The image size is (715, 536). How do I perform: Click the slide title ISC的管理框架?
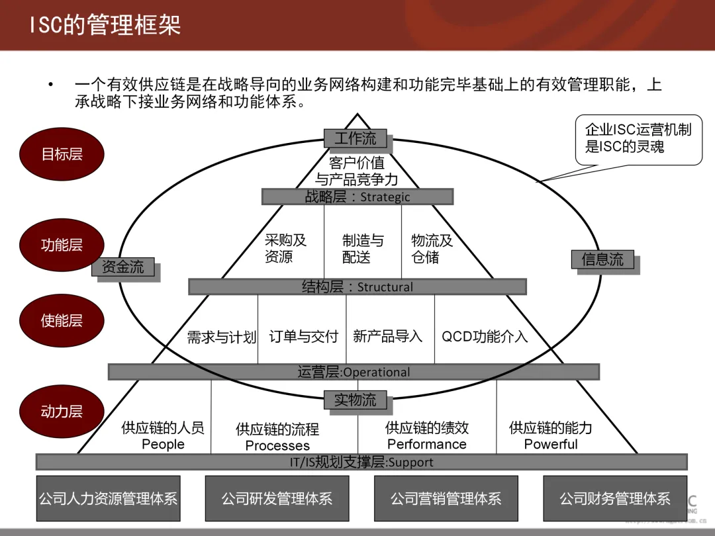point(105,25)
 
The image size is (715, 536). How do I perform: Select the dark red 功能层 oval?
point(62,245)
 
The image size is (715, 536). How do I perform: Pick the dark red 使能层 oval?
point(62,321)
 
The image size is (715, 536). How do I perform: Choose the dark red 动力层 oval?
point(62,412)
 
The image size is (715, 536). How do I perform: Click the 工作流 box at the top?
point(355,138)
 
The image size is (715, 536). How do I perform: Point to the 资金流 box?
point(122,267)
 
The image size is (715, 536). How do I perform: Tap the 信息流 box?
point(602,259)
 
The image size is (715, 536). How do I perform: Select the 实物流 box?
point(355,400)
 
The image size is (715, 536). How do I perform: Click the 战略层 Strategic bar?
point(358,197)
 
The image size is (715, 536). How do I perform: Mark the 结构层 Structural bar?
point(358,287)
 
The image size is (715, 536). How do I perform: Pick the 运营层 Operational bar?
point(354,372)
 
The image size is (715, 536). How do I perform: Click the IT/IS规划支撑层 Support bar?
point(361,462)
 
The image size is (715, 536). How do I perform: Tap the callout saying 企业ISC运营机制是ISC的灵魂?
point(638,138)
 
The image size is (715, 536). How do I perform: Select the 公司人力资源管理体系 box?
point(108,498)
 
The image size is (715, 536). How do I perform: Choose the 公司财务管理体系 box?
point(615,498)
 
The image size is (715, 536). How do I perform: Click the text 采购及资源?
point(285,248)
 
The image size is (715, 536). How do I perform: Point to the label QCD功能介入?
point(485,336)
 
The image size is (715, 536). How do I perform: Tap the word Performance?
point(426,444)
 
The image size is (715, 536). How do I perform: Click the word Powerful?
point(551,444)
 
